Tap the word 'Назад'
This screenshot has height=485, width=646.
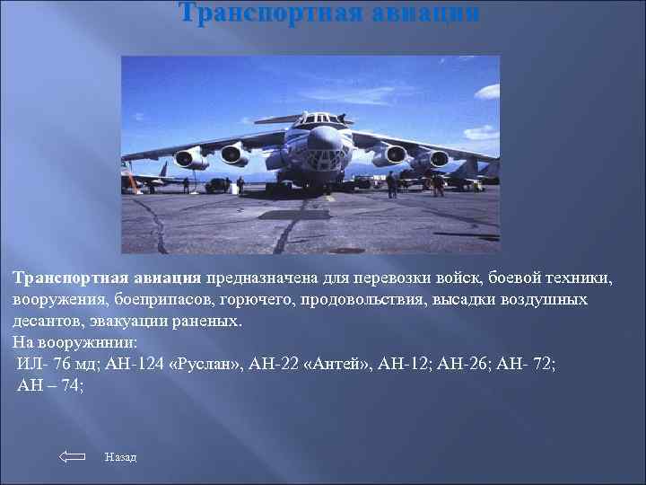pyautogui.click(x=120, y=458)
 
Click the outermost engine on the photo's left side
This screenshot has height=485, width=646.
pyautogui.click(x=189, y=159)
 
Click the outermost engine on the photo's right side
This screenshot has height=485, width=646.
pyautogui.click(x=439, y=159)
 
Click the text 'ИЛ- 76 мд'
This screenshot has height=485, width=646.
pyautogui.click(x=58, y=364)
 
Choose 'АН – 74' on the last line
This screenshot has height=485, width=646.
pyautogui.click(x=50, y=385)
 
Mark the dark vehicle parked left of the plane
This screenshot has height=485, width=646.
pyautogui.click(x=218, y=185)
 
